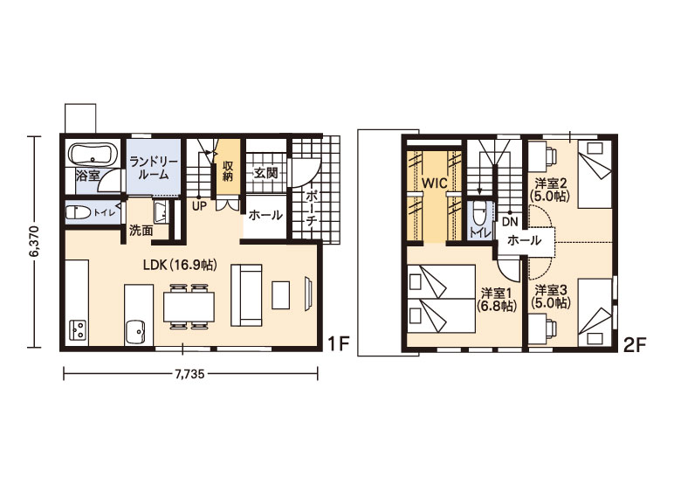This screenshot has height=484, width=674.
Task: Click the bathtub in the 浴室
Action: [x=93, y=155]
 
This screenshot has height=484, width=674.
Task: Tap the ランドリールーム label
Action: [x=154, y=169]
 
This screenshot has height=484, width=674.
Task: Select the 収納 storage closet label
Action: [x=228, y=170]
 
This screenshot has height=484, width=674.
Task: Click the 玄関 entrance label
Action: [x=265, y=173]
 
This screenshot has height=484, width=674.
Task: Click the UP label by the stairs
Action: [x=199, y=206]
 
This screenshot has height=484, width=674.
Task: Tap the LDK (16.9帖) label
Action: [x=180, y=265]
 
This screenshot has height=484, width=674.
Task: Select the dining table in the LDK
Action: [x=189, y=307]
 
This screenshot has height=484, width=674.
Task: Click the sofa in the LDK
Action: [x=246, y=295]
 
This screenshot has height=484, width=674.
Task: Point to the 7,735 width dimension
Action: [x=189, y=373]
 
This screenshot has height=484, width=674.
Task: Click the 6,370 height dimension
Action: [x=34, y=241]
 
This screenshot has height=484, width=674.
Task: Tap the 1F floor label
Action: [x=337, y=343]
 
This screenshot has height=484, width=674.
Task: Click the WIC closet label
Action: [x=435, y=183]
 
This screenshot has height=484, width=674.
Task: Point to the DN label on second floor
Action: [x=510, y=222]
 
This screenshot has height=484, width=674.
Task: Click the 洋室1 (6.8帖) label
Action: [x=497, y=300]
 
